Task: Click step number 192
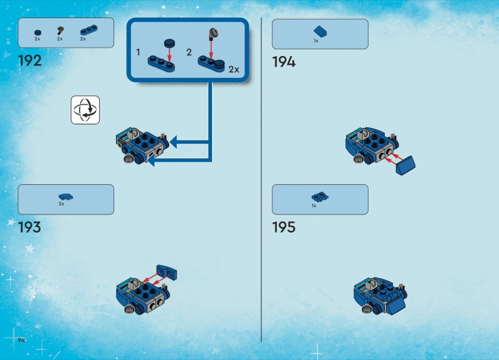(30, 61)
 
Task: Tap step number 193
(30, 226)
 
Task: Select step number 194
(284, 61)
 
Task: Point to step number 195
(284, 226)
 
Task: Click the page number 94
(21, 339)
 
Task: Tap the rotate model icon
(85, 110)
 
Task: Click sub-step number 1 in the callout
(138, 52)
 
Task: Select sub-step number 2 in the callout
(189, 52)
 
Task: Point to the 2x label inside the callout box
(233, 69)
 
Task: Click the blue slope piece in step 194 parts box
(320, 31)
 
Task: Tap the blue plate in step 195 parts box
(320, 197)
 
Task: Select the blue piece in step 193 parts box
(65, 196)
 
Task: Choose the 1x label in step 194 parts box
(316, 41)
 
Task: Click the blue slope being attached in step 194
(407, 163)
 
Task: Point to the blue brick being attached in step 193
(167, 272)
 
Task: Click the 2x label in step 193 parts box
(62, 204)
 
